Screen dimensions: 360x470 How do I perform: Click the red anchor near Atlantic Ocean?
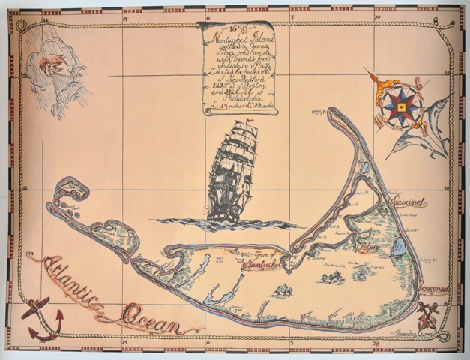38,318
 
